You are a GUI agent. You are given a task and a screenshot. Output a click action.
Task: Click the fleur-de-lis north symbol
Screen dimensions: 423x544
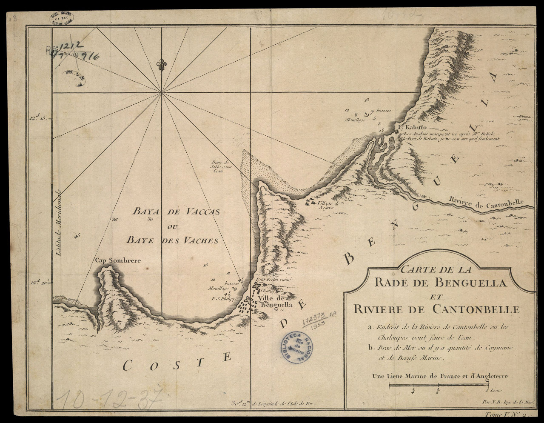161,66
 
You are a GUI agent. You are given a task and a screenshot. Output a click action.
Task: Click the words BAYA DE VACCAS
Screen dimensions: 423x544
176,211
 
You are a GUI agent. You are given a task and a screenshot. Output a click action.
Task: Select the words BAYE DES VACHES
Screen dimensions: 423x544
172,240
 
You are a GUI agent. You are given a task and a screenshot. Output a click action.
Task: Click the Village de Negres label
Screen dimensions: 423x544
328,206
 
